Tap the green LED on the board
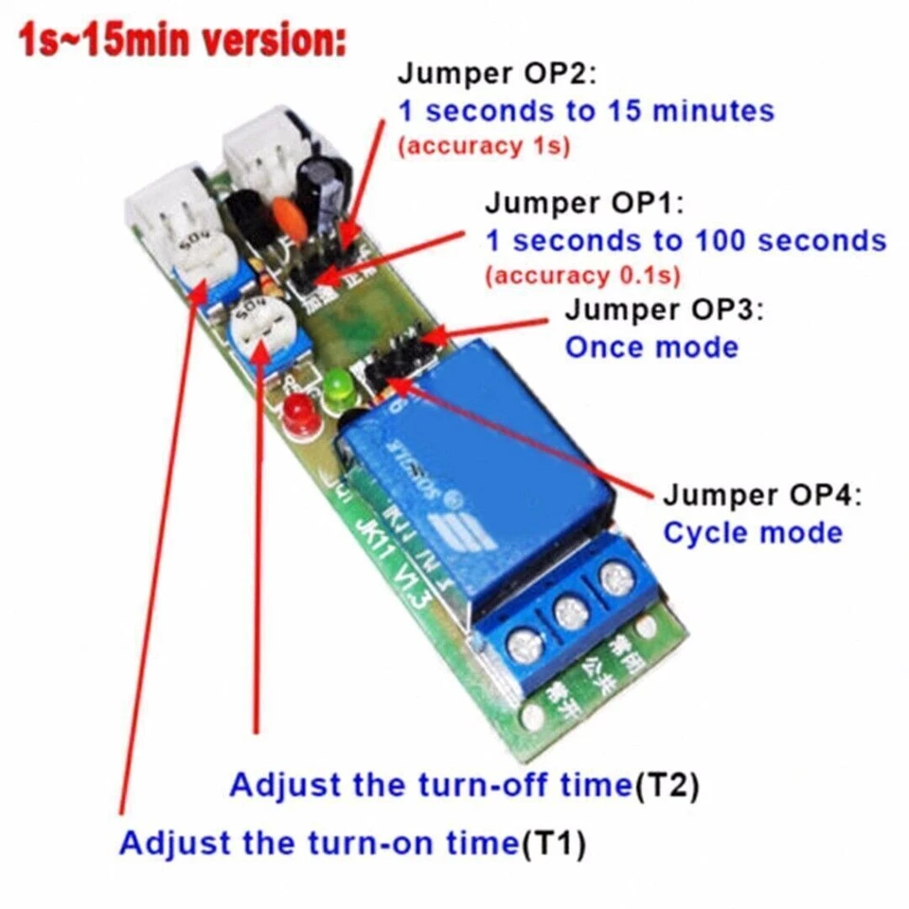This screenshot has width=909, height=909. coord(336,388)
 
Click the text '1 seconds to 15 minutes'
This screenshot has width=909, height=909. coord(586,111)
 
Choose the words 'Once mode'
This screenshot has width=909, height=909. coord(651,347)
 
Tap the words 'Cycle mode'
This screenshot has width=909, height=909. coord(753,532)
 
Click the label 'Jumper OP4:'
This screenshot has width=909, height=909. coord(763,495)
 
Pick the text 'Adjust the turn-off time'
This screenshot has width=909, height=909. coord(430,786)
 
